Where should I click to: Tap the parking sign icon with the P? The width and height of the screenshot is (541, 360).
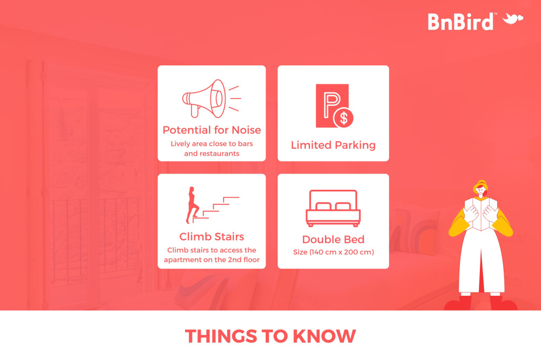click(332, 105)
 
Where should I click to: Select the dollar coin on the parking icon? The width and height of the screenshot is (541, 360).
click(344, 118)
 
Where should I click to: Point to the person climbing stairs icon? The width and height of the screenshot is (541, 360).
click(193, 205)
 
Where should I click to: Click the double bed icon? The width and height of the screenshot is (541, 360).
click(333, 208)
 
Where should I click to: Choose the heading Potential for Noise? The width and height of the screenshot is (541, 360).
click(212, 130)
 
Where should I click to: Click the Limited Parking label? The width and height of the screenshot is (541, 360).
click(333, 145)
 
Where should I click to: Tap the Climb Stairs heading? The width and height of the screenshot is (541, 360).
click(212, 237)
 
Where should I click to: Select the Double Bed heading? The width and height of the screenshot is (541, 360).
click(333, 239)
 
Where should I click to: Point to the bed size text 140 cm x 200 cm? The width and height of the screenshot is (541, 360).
click(333, 252)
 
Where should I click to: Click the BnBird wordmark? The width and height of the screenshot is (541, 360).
click(461, 22)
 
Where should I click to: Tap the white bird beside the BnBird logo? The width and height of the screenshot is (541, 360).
click(513, 18)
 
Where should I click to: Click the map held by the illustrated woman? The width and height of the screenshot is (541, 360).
click(480, 214)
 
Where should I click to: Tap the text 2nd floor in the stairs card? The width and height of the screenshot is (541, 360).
click(243, 259)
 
